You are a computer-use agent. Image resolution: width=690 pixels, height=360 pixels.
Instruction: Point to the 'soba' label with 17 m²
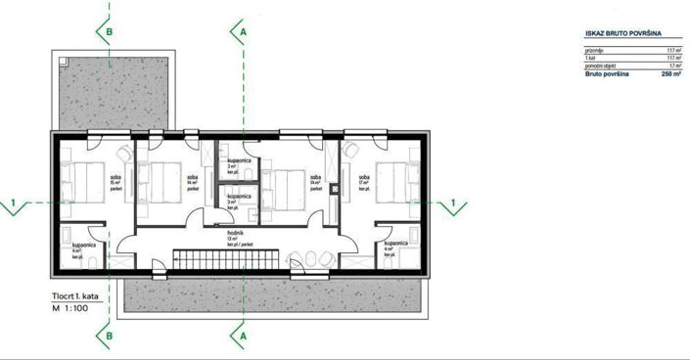coord(363,177)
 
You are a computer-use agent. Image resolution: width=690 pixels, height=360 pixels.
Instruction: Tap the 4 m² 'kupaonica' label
coord(395,243)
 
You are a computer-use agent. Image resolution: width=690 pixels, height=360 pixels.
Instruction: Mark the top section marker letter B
coord(111,31)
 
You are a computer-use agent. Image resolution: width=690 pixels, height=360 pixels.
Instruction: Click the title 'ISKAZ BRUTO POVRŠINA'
coord(617,32)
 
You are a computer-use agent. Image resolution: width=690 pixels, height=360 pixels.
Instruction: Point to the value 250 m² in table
coord(670,73)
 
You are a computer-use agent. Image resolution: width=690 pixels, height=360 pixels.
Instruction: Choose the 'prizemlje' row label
coord(594,49)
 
